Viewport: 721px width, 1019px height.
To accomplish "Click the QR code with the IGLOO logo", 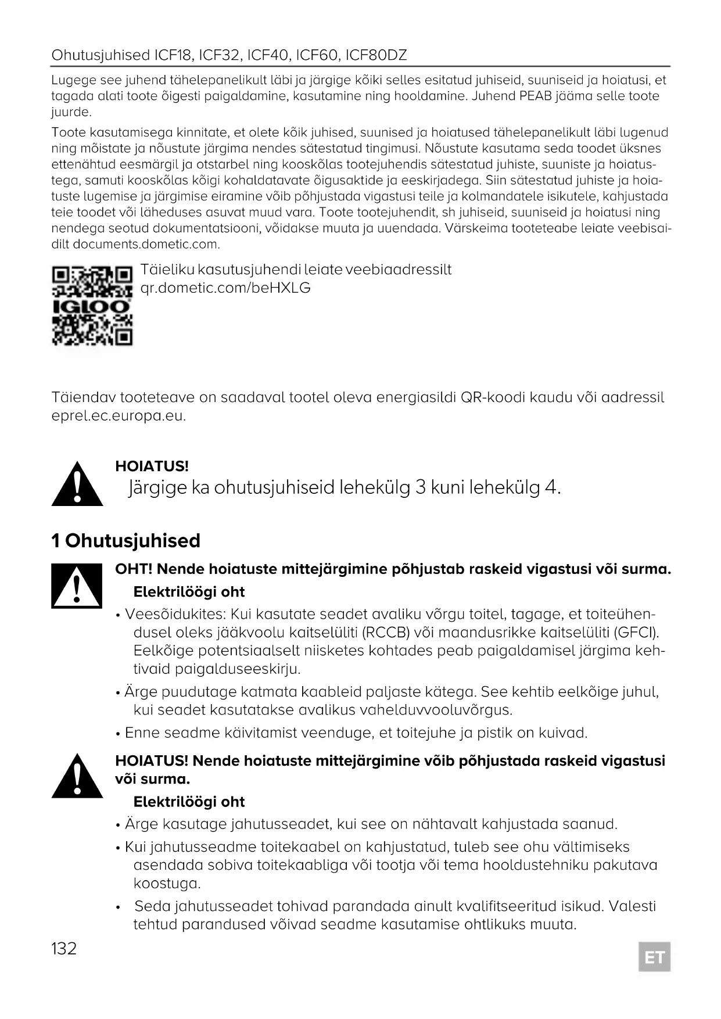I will point(92,305).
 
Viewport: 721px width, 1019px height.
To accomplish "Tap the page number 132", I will point(64,949).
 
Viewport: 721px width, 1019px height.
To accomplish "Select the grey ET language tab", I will point(654,957).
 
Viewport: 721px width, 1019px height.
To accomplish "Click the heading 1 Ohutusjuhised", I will point(126,541).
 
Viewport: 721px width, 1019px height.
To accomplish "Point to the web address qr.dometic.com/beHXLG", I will point(226,288).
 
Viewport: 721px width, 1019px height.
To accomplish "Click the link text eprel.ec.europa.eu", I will point(119,416).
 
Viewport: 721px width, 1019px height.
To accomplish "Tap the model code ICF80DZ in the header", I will point(376,55).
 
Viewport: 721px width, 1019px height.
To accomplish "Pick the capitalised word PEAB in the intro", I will point(535,96).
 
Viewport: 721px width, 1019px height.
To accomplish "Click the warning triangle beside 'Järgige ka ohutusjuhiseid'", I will point(77,484).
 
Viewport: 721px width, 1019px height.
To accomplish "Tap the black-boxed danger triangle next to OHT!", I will point(77,586).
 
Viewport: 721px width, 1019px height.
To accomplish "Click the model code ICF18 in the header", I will point(172,55).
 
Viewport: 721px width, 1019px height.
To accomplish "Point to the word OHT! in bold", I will point(134,569).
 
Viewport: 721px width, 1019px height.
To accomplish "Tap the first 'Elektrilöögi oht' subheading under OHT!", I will point(189,592).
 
